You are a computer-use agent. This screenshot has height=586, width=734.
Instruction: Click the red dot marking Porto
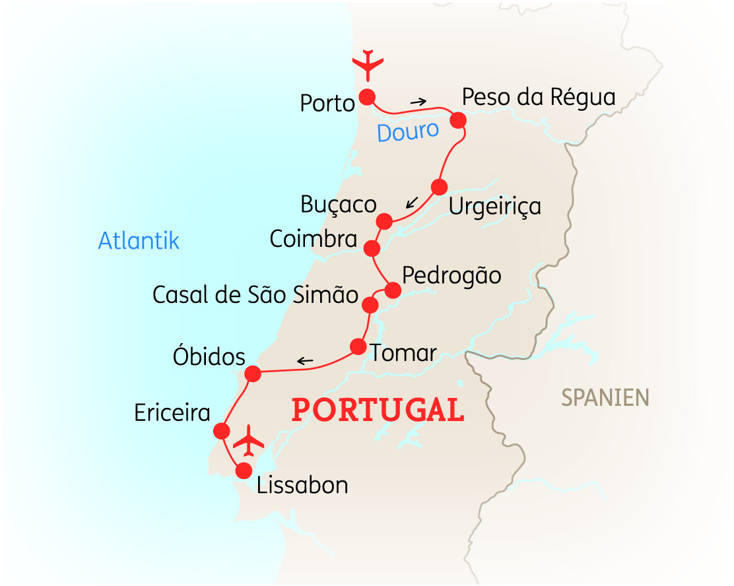click(367, 98)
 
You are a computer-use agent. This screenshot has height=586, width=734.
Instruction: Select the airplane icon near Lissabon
click(249, 440)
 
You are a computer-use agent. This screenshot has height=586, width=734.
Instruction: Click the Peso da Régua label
click(538, 97)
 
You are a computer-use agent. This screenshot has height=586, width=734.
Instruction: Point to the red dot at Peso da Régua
click(458, 120)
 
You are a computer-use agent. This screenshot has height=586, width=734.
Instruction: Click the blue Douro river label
click(407, 131)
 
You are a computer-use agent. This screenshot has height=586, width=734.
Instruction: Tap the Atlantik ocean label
click(139, 240)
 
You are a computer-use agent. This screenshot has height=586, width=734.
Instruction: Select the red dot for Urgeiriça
click(439, 187)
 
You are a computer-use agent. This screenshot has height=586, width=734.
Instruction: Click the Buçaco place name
click(338, 205)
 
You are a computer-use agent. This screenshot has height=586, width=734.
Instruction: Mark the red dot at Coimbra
click(372, 248)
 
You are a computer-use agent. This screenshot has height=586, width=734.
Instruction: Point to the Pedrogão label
click(451, 275)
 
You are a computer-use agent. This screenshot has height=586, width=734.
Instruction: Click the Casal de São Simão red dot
click(370, 305)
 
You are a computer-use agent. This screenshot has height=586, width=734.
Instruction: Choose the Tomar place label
click(403, 353)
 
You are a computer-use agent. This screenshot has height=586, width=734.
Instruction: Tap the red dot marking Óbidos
click(253, 374)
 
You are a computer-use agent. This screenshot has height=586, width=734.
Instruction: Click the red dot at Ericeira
click(222, 431)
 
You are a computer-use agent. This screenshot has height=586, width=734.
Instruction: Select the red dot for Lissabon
click(244, 471)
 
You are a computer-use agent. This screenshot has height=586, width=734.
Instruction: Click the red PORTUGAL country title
click(378, 410)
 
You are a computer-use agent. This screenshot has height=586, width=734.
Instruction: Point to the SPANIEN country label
click(605, 397)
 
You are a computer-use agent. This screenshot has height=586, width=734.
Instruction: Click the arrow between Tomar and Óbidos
click(305, 360)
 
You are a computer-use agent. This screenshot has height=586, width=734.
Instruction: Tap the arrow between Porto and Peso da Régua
click(418, 102)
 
